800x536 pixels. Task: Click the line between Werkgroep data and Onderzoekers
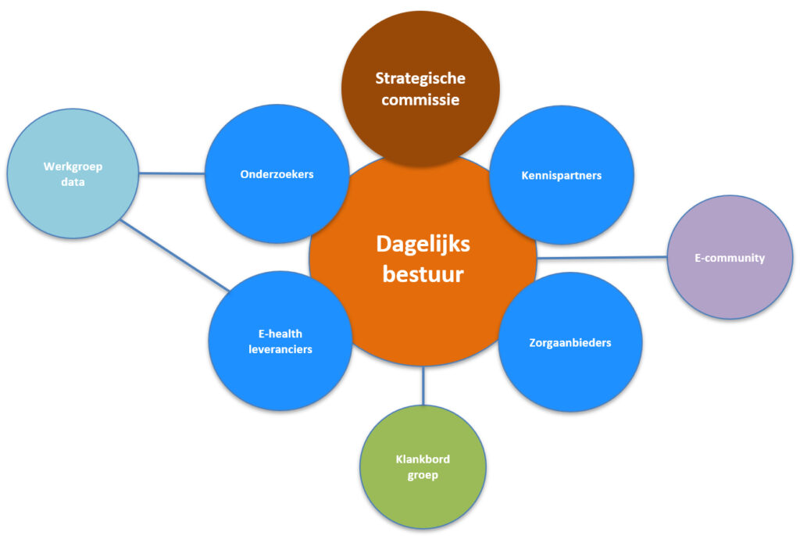coord(172,173)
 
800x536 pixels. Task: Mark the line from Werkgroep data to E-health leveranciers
coord(176,255)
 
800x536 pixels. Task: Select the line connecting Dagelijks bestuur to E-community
coord(602,257)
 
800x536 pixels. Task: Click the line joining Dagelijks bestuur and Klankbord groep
coord(423,385)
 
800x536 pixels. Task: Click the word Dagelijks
coord(423,244)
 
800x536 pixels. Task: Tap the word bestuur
coord(423,275)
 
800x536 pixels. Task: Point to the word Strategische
coord(420,78)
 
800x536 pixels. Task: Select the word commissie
coord(420,99)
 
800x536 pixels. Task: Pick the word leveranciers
coord(280,349)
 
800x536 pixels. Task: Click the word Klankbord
coord(423,459)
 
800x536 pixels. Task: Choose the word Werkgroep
coord(73,166)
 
